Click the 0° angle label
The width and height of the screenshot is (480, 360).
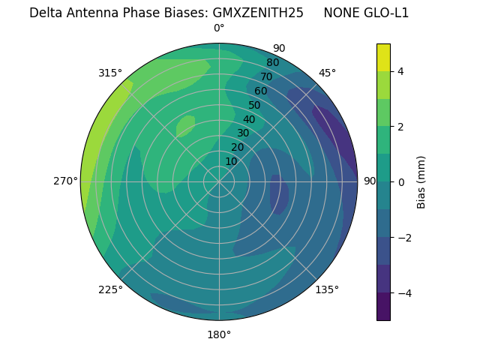[219, 28]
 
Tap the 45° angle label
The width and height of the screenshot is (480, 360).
[327, 73]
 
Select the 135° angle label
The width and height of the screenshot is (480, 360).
[327, 289]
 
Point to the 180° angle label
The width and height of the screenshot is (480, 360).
[219, 334]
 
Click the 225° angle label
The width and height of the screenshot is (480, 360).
[110, 290]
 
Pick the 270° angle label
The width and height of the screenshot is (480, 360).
[66, 181]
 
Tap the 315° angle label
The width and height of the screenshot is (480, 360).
[110, 73]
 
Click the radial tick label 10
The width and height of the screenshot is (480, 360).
[231, 161]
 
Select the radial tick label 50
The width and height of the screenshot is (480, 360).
[254, 105]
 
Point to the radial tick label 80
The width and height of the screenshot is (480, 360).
[272, 62]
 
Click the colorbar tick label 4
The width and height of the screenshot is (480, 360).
[401, 71]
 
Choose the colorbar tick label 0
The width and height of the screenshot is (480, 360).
[401, 182]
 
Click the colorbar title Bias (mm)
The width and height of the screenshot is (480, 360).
[421, 181]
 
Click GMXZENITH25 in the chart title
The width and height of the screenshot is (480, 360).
[258, 13]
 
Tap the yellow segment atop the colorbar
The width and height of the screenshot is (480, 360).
[383, 58]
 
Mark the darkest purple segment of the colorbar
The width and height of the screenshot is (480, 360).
[383, 307]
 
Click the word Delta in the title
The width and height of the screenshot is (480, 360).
[46, 13]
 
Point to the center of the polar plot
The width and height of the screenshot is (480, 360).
[219, 181]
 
